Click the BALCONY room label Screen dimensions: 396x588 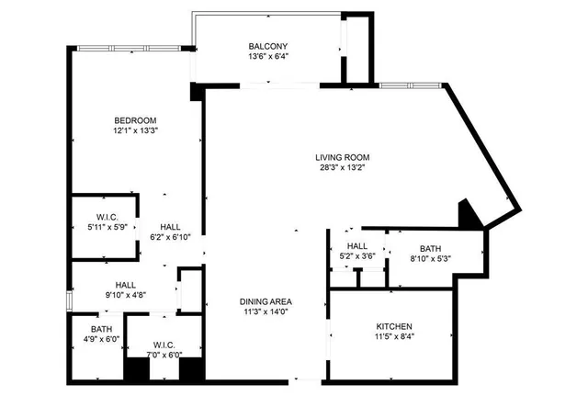tap(268, 47)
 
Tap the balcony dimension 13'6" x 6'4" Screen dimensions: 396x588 tap(268, 58)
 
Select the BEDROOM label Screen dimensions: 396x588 tap(135, 120)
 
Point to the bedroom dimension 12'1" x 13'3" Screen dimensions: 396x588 tap(135, 131)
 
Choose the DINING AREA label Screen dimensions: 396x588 tap(266, 301)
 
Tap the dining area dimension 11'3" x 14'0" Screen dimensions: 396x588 tap(266, 312)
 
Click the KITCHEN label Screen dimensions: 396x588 tap(394, 326)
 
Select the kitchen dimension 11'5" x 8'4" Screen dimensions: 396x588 tap(394, 337)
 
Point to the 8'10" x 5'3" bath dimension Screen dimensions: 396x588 tap(430, 259)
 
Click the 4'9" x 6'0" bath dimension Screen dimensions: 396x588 tap(101, 339)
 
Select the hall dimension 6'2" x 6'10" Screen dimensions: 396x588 tap(169, 237)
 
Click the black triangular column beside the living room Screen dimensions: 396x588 tap(469, 217)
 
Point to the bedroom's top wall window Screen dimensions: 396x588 tap(126, 48)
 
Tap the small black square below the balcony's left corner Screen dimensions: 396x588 tap(196, 92)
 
